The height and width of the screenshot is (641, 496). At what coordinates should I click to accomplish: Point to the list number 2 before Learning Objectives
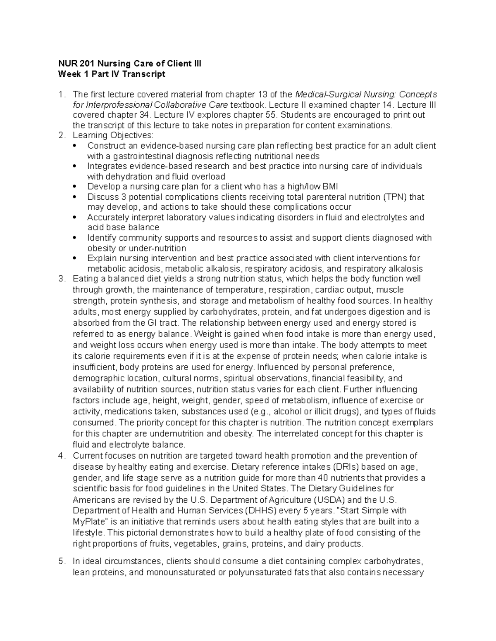[62, 135]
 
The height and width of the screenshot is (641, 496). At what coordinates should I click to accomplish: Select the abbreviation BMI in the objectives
[330, 187]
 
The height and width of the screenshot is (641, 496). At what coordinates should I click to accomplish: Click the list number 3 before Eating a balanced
[62, 279]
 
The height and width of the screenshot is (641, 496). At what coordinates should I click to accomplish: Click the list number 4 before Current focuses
[62, 456]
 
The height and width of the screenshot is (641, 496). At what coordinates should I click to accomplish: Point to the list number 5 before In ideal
[62, 561]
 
